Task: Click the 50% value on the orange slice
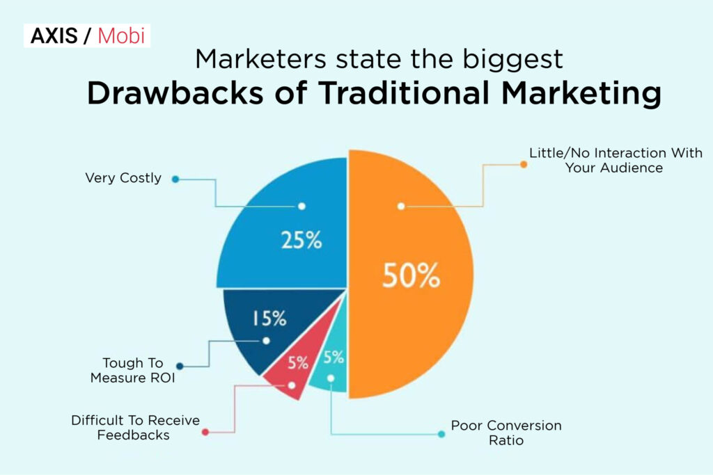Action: click(x=411, y=276)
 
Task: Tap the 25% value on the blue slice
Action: click(x=301, y=241)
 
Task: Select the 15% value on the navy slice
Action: click(x=269, y=319)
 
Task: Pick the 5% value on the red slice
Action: click(x=297, y=362)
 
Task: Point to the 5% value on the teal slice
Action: click(x=334, y=358)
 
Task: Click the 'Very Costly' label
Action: click(x=123, y=178)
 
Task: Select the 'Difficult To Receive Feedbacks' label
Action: click(x=136, y=428)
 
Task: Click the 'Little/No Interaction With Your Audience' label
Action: click(x=616, y=160)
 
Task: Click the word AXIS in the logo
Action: click(x=53, y=35)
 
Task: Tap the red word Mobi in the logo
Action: click(x=122, y=35)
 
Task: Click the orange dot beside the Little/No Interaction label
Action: click(x=523, y=164)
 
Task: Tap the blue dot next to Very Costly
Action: click(x=175, y=179)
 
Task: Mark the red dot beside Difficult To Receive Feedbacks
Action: click(x=205, y=432)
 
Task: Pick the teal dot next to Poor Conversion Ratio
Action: click(x=441, y=434)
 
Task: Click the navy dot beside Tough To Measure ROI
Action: click(x=180, y=366)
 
